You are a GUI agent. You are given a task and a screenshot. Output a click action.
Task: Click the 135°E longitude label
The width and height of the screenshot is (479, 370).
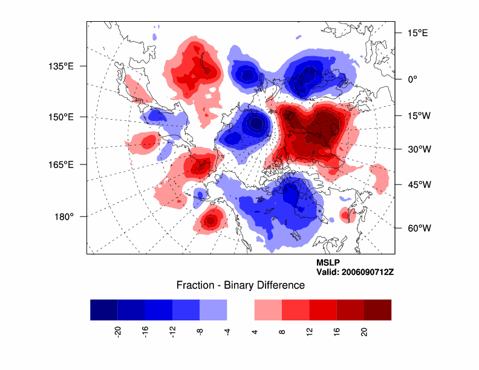[x=64, y=66]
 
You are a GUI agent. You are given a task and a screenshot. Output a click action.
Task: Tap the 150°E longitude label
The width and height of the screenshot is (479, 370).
[x=64, y=116]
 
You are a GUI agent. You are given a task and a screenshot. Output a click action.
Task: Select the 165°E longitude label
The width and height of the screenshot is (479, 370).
[x=64, y=164]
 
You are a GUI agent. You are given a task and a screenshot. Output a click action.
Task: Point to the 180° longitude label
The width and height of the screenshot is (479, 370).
[x=64, y=216]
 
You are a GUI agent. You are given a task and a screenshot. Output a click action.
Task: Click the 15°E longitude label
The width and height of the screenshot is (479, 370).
[x=417, y=33]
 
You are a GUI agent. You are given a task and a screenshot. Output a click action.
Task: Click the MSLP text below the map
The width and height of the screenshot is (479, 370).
[x=328, y=263]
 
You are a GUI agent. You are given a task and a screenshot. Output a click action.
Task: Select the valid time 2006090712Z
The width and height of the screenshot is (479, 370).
[x=355, y=272]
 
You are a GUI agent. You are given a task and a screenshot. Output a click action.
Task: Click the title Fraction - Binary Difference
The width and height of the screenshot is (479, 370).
[x=240, y=285]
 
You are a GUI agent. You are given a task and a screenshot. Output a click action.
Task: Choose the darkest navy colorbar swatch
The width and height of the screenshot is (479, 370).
[x=103, y=310]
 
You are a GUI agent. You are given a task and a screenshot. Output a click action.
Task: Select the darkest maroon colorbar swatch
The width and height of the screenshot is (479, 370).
[x=377, y=310]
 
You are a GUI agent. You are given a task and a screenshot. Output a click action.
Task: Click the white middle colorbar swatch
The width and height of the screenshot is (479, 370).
[x=241, y=310]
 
